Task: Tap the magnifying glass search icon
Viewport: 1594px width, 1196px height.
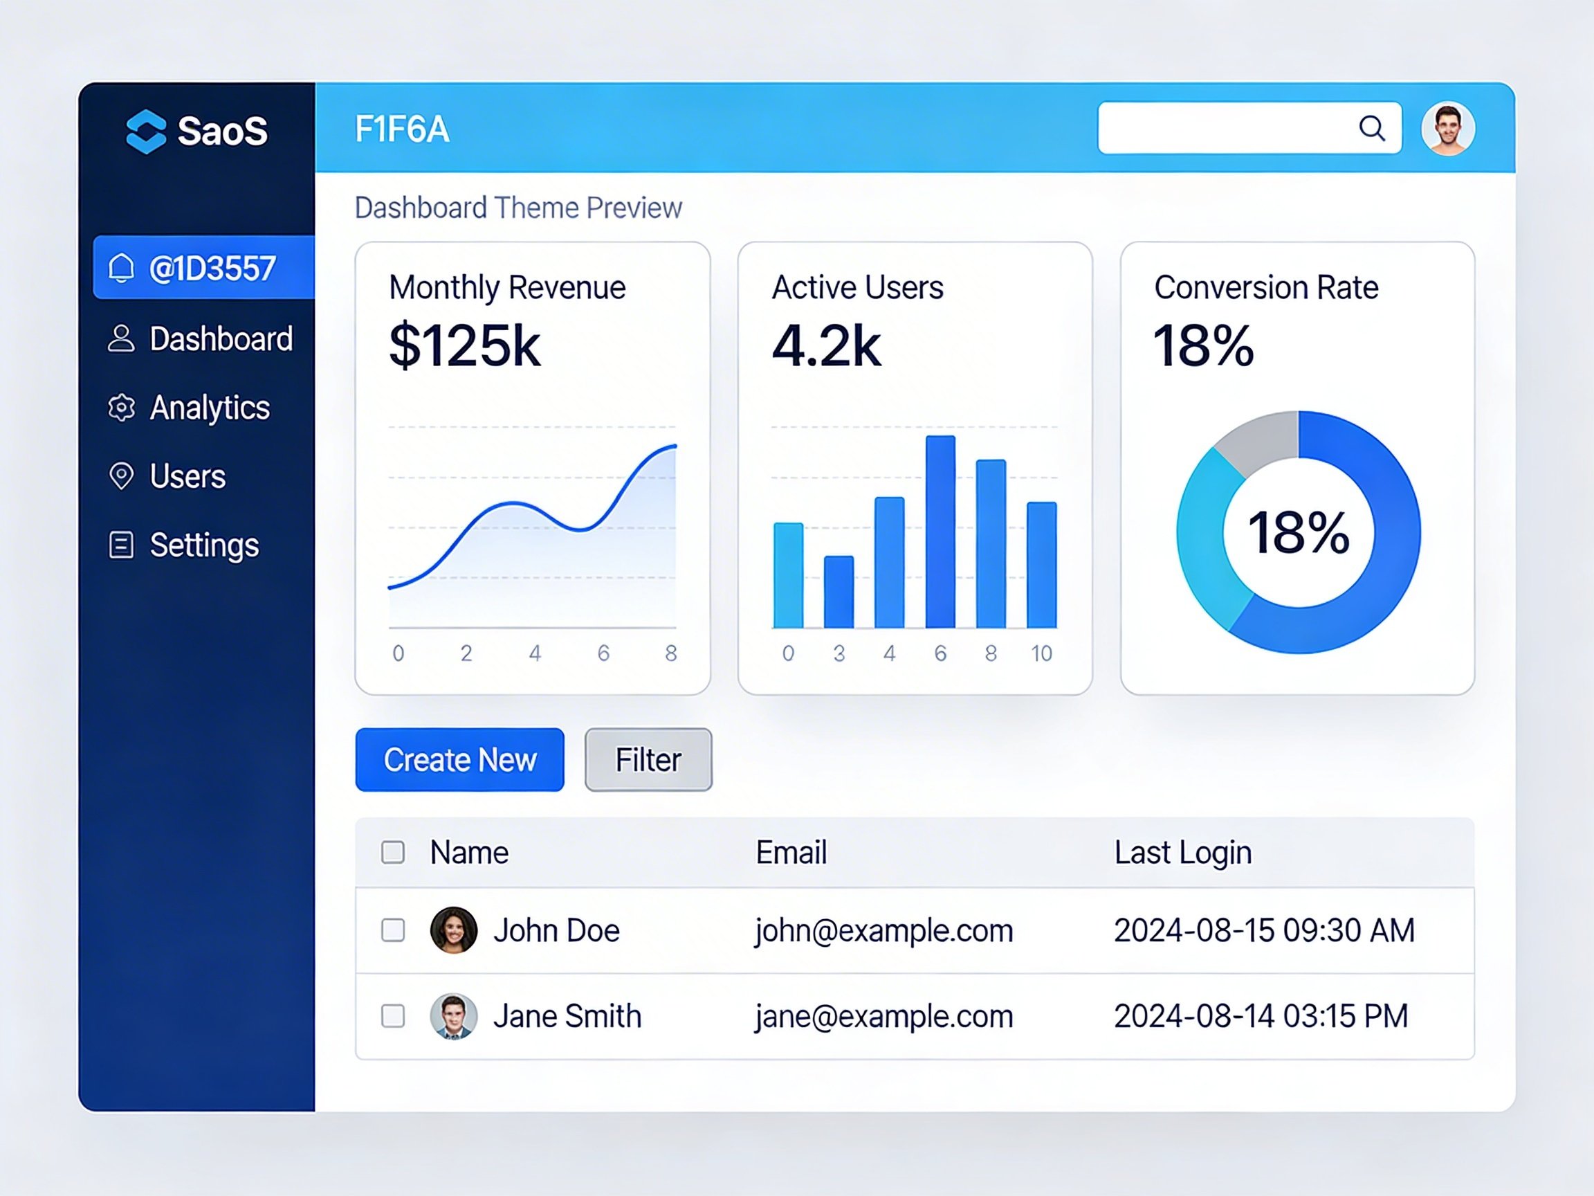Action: (1372, 128)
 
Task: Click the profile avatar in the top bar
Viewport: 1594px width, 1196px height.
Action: (1448, 128)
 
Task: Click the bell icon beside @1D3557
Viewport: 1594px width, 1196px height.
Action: (121, 267)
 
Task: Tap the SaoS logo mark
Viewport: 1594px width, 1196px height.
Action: (146, 132)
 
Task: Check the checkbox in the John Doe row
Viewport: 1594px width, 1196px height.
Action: (393, 930)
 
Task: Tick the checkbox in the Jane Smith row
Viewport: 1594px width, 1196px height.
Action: (393, 1016)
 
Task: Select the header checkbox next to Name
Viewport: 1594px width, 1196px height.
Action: (393, 852)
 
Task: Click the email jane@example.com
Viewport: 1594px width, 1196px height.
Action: (884, 1017)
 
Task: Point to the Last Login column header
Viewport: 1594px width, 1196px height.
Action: (1183, 853)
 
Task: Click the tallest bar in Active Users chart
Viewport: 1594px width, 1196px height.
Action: (940, 532)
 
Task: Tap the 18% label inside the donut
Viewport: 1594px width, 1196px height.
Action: (1299, 532)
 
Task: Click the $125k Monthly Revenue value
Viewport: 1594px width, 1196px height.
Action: (465, 346)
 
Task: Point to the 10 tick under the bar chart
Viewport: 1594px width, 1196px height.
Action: (1041, 653)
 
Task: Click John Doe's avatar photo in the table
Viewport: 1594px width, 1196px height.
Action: (453, 930)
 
